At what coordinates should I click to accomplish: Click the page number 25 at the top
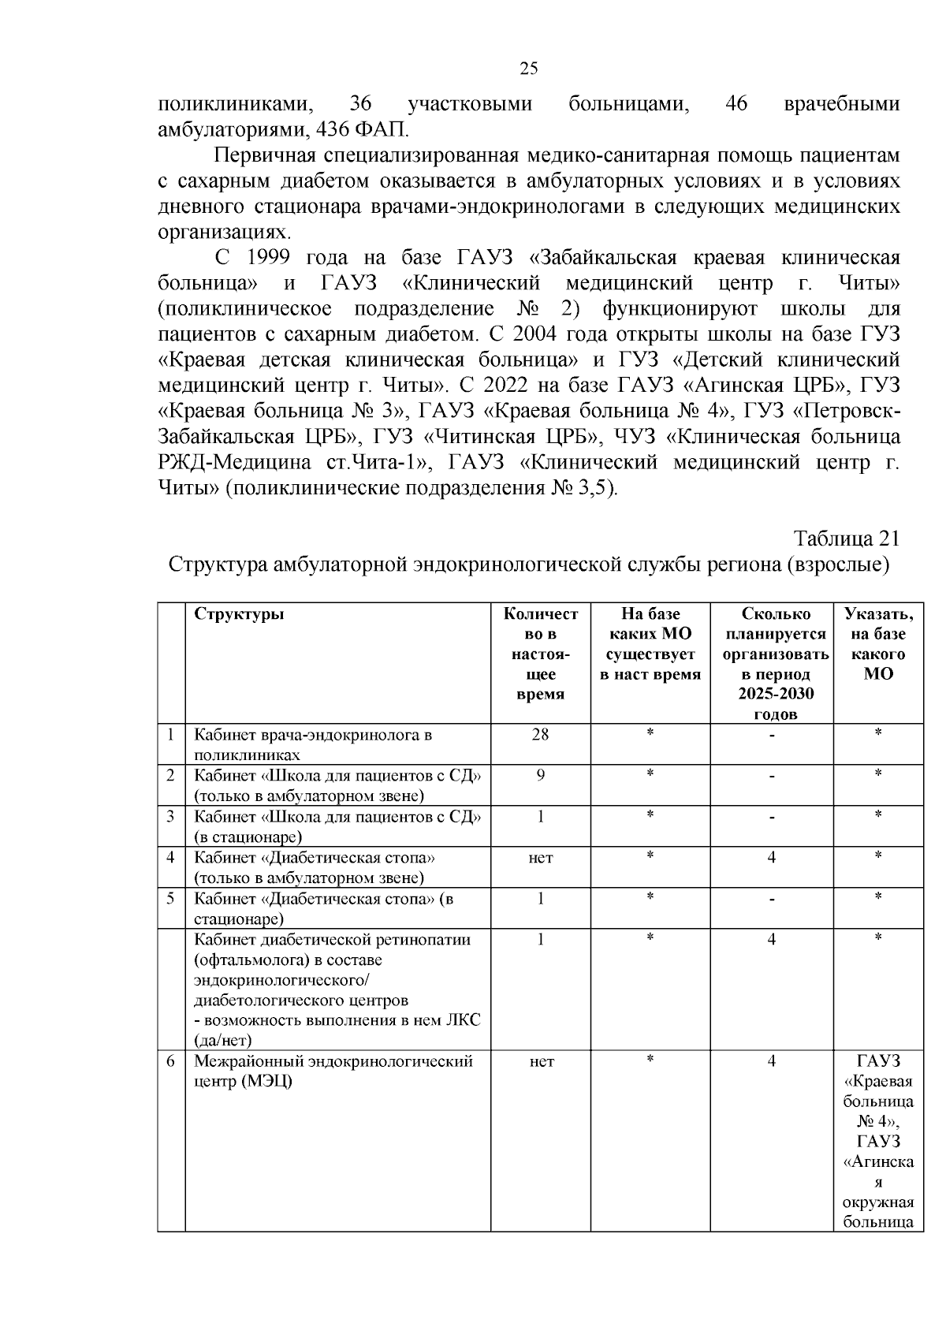pos(529,69)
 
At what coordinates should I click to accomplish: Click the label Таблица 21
pos(846,539)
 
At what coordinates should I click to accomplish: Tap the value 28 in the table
pos(540,734)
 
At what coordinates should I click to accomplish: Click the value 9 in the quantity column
pos(540,775)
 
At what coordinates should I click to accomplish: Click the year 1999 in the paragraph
pos(269,258)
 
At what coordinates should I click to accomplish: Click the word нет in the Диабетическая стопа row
pos(540,858)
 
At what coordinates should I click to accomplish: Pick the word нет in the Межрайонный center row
pos(540,1062)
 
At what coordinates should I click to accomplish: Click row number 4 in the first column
pos(170,856)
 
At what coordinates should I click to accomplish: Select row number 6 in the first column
pos(170,1061)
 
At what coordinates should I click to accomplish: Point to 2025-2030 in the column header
pos(776,695)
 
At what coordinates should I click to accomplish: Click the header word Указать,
pos(878,615)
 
